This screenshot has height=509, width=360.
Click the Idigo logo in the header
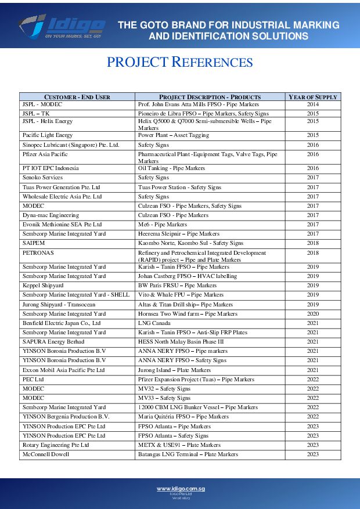coord(62,26)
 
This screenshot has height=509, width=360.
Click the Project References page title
coord(179,63)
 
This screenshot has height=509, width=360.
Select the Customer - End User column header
coord(77,97)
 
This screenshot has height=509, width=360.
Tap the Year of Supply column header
coord(312,97)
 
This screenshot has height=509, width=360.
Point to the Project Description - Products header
coord(210,97)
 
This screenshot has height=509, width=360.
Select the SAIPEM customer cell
coord(34,243)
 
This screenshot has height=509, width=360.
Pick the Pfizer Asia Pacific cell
coord(45,154)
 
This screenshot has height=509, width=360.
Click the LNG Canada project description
coord(154,323)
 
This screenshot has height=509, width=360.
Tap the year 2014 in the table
coord(312,104)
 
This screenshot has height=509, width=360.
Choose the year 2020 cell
coord(312,314)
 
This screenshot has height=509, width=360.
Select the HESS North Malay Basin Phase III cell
coord(181,342)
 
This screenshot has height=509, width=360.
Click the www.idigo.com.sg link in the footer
coord(180,489)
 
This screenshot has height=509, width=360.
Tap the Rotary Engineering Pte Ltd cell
coord(56,445)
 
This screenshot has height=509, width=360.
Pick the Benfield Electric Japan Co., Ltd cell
coord(62,323)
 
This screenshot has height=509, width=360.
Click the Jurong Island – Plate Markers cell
coord(174,370)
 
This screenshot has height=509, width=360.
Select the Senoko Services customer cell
coord(42,178)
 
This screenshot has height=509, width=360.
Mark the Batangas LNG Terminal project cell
coord(188,454)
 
